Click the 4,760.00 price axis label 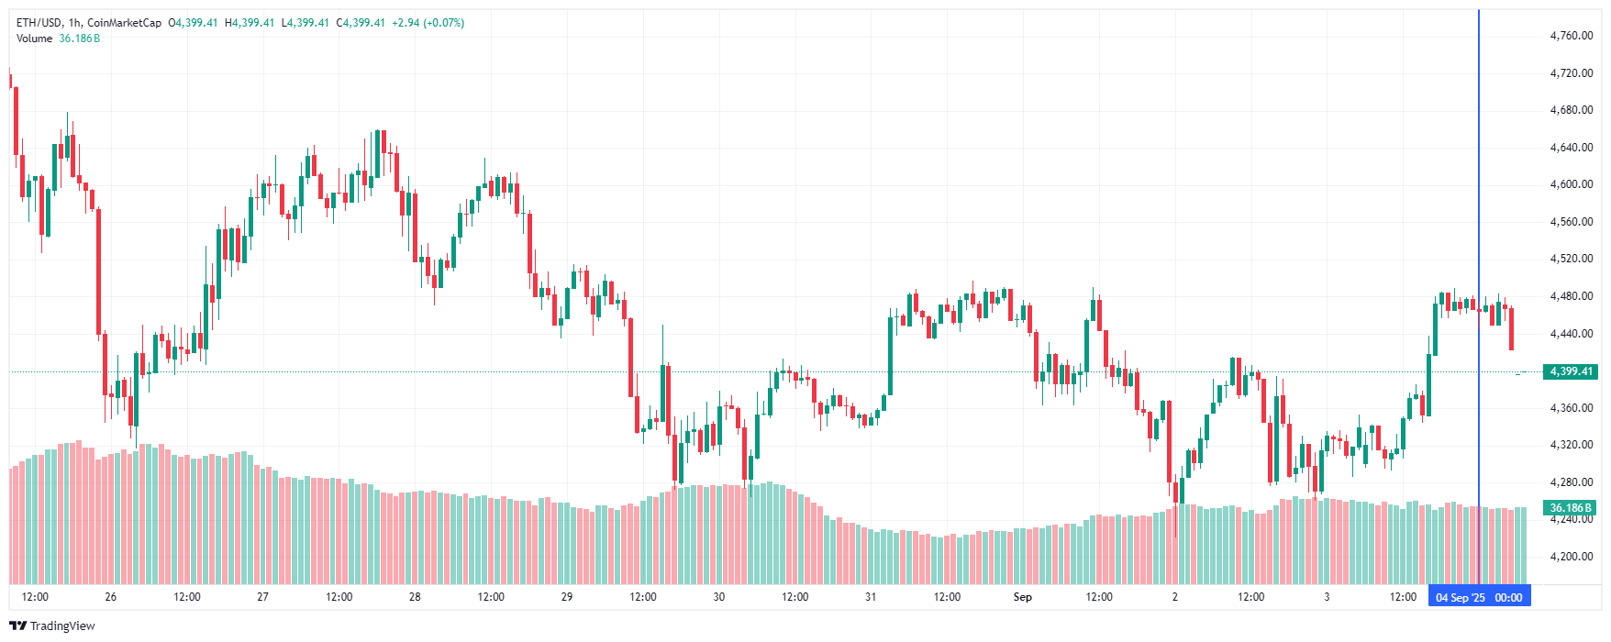(x=1571, y=36)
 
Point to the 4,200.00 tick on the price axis (x=1571, y=557)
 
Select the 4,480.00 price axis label (x=1571, y=296)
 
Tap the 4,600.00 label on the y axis (x=1571, y=184)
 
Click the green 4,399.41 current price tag (x=1571, y=371)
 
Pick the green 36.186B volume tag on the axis (x=1571, y=508)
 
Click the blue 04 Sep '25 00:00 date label (x=1479, y=598)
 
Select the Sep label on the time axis (x=1022, y=597)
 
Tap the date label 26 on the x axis (x=111, y=597)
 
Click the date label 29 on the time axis (x=567, y=597)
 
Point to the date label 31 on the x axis (x=871, y=597)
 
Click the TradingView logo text (x=62, y=626)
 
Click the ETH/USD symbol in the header (x=39, y=23)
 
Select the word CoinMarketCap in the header (x=124, y=23)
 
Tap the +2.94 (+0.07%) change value (x=428, y=23)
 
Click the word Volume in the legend (x=34, y=39)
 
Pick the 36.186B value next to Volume (x=80, y=39)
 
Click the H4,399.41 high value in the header (x=250, y=23)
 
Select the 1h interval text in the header (x=74, y=23)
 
